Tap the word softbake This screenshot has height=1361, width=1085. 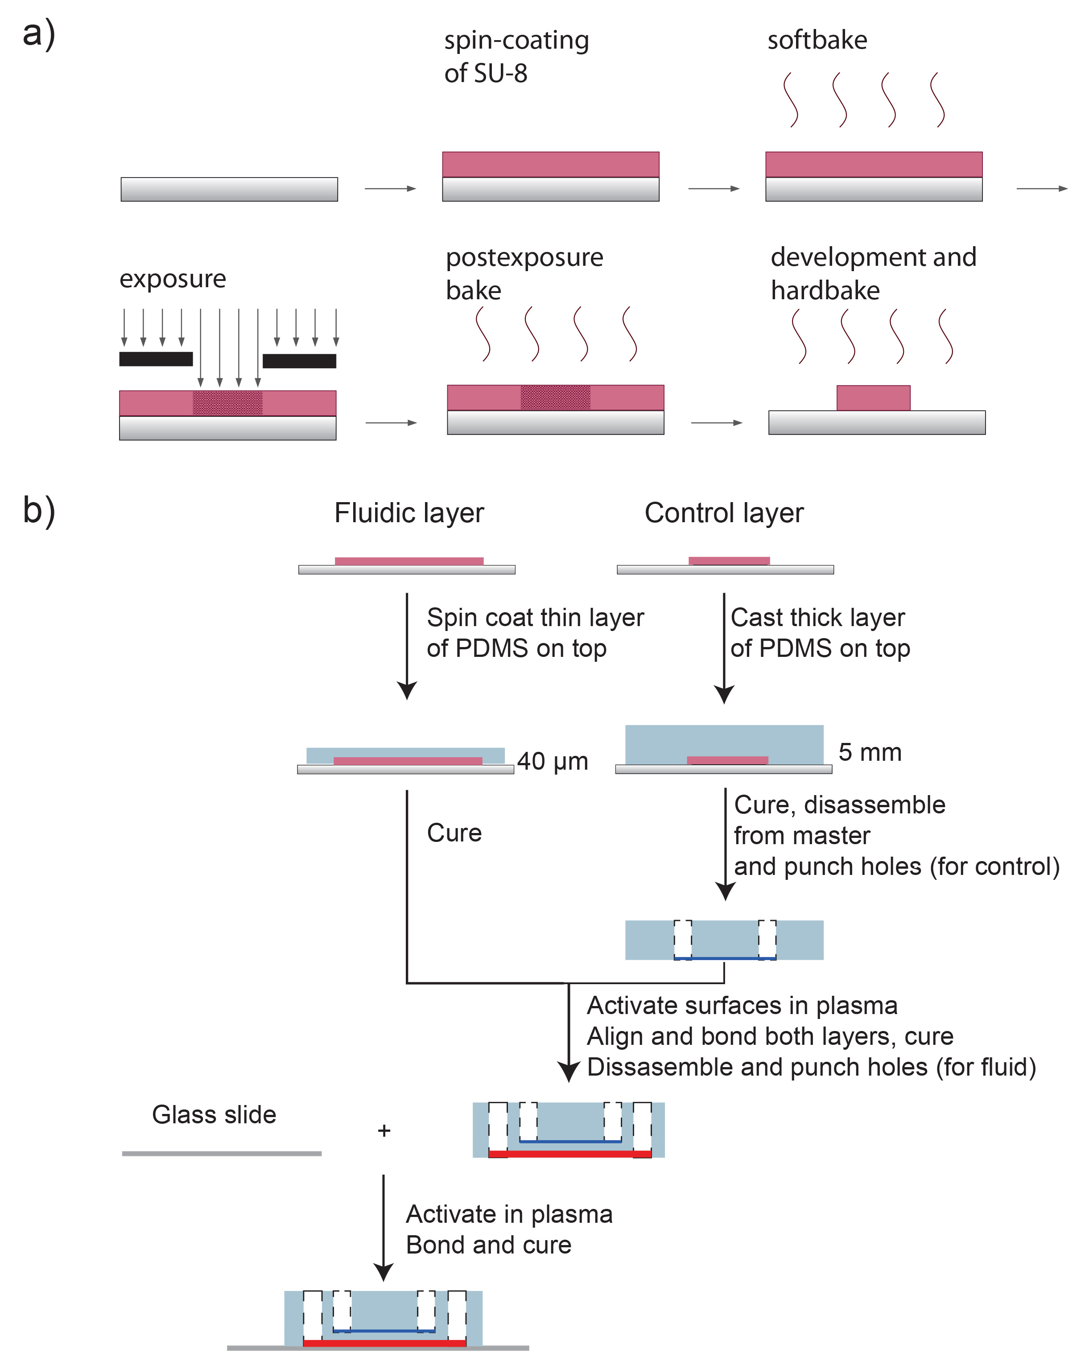(x=817, y=41)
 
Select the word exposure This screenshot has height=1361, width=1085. (x=172, y=279)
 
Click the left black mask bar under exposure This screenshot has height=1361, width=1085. (x=156, y=359)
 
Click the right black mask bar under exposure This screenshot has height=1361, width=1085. (x=299, y=361)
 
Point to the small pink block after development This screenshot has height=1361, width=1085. (x=873, y=398)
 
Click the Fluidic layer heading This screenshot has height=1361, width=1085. (x=408, y=512)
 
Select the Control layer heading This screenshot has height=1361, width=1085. (x=723, y=512)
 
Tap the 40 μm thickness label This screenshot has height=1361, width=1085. (x=552, y=761)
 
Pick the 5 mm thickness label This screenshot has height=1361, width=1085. (x=869, y=752)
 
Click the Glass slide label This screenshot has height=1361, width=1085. (x=214, y=1115)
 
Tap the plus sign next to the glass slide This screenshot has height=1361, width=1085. (x=384, y=1130)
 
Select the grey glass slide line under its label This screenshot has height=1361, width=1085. (x=222, y=1153)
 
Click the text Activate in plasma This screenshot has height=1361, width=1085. (x=509, y=1214)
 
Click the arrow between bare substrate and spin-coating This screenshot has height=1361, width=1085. (x=390, y=188)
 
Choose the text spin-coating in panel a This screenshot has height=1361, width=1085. (x=516, y=41)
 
